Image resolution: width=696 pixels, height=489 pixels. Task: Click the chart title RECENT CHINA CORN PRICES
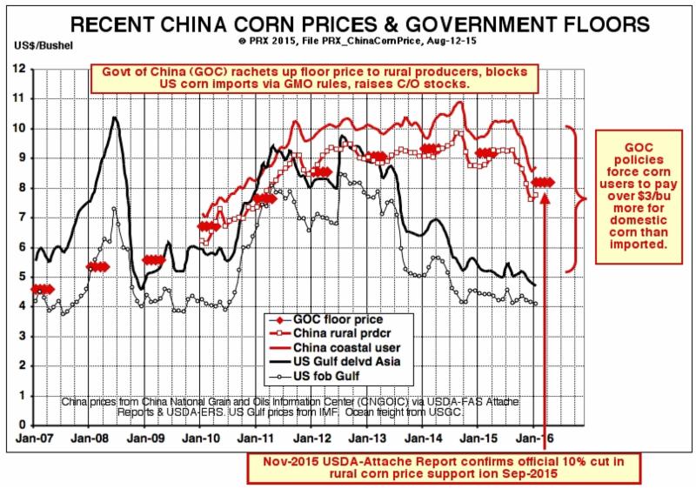[348, 22]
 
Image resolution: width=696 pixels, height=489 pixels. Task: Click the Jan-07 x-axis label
[35, 439]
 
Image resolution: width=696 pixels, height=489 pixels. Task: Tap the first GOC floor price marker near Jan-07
[42, 289]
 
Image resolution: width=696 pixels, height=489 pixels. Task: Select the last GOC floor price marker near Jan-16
[545, 182]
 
